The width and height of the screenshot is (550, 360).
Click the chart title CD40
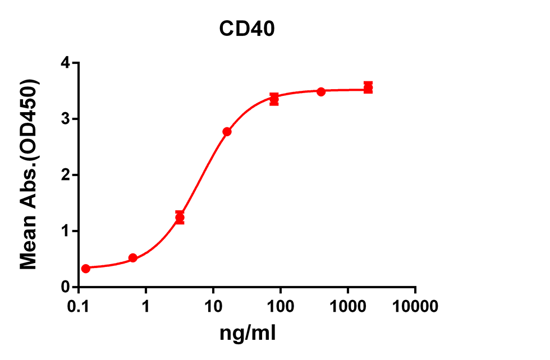(247, 29)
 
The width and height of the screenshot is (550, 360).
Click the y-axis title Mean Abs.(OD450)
(29, 174)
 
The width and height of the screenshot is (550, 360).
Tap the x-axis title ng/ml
(247, 333)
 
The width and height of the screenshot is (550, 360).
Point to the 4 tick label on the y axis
(65, 63)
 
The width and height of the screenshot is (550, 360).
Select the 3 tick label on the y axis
(65, 119)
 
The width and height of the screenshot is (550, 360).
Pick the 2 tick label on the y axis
(65, 175)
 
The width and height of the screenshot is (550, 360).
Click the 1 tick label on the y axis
(65, 231)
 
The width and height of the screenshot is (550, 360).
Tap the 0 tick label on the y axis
(65, 287)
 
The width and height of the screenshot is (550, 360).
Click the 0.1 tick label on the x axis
(79, 307)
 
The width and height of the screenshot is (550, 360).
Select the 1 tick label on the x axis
(145, 307)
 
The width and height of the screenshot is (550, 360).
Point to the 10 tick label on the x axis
(213, 307)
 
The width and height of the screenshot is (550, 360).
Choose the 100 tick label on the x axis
(280, 307)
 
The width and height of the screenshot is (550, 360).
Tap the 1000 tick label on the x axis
(347, 307)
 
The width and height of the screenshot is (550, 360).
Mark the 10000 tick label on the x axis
(415, 307)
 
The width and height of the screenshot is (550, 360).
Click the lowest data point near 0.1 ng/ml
(85, 269)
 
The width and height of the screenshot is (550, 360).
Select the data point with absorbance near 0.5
(132, 258)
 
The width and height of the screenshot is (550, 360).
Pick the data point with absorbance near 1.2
(180, 218)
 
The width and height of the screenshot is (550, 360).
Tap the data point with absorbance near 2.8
(227, 132)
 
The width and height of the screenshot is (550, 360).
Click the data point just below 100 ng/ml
(274, 99)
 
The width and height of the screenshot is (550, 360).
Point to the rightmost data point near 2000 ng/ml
(368, 87)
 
